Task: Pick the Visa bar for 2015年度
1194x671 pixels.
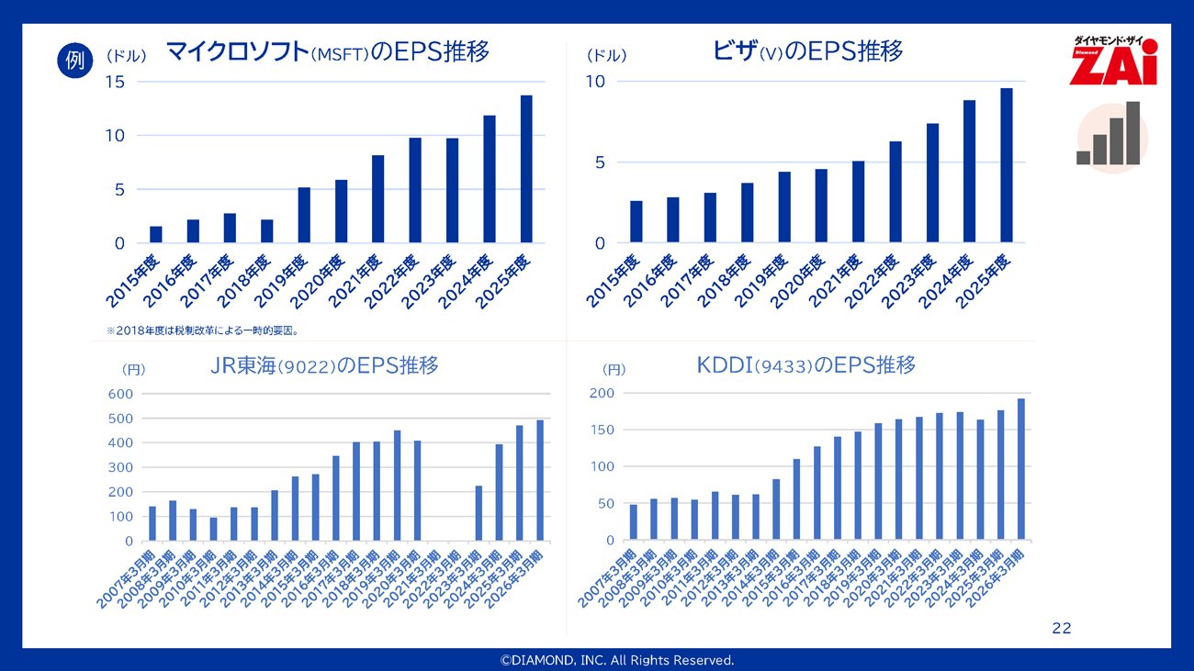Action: coord(636,221)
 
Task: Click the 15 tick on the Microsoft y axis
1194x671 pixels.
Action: coord(115,82)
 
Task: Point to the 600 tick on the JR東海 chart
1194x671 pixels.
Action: coord(121,394)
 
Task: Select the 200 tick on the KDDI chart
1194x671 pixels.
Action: coord(602,393)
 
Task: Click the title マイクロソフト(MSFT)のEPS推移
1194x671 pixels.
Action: coord(327,52)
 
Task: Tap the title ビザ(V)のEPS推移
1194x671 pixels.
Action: coord(807,51)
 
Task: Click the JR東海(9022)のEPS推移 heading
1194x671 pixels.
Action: coord(324,366)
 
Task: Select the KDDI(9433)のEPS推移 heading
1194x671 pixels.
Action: coord(805,365)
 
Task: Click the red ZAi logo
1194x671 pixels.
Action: coord(1113,62)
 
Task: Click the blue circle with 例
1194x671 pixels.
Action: coord(75,61)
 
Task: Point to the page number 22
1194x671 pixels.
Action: coord(1061,629)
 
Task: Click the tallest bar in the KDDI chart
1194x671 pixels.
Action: coord(1020,469)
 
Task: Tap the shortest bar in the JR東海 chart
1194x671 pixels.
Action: coord(213,529)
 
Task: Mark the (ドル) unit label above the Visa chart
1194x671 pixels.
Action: coord(606,56)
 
